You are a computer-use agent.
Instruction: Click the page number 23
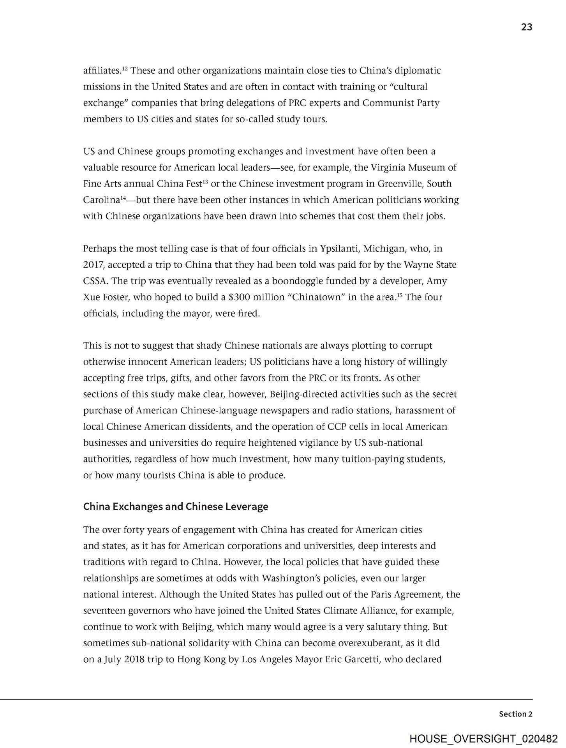[x=526, y=27]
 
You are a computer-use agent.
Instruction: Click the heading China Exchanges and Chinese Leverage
[x=176, y=506]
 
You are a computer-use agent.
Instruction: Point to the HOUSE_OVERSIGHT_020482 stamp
[x=483, y=738]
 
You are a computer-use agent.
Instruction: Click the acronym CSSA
[x=95, y=281]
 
